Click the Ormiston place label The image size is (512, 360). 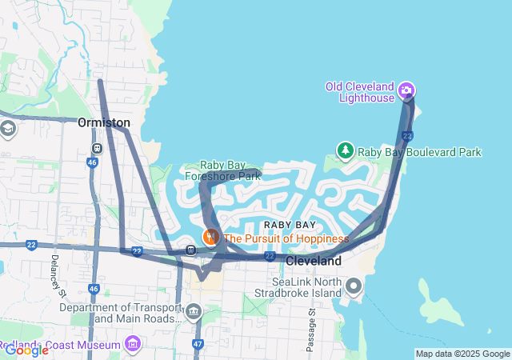click(x=104, y=122)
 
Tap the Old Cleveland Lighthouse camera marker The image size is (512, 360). click(x=406, y=90)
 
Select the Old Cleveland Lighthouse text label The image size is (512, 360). click(x=360, y=92)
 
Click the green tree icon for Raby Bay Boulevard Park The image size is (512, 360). click(x=345, y=150)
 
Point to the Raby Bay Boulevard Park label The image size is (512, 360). click(x=419, y=152)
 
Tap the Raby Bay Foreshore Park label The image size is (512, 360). click(x=223, y=170)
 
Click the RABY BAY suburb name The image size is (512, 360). click(x=290, y=225)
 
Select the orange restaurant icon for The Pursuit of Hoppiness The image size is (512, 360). click(x=210, y=237)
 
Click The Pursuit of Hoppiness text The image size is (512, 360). click(x=286, y=238)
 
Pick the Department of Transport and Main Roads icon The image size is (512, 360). click(x=193, y=310)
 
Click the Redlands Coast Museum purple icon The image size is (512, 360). click(x=133, y=345)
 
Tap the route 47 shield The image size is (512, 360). click(x=198, y=345)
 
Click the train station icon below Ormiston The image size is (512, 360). click(x=97, y=148)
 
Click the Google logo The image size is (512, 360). click(x=26, y=350)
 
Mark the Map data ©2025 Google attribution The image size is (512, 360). click(x=462, y=354)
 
